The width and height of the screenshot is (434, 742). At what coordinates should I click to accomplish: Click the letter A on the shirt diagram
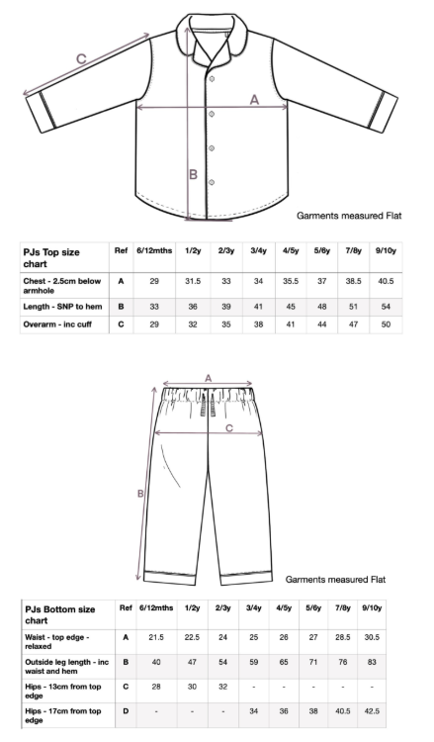tap(253, 99)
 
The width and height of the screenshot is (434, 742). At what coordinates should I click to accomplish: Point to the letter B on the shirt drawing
tap(194, 175)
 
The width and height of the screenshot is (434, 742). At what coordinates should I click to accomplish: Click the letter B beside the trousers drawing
tap(141, 494)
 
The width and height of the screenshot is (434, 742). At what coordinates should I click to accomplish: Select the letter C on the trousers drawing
tap(229, 428)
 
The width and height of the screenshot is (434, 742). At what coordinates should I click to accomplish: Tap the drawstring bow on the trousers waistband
tap(209, 406)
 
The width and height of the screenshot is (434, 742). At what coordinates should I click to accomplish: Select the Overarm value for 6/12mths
tap(153, 325)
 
